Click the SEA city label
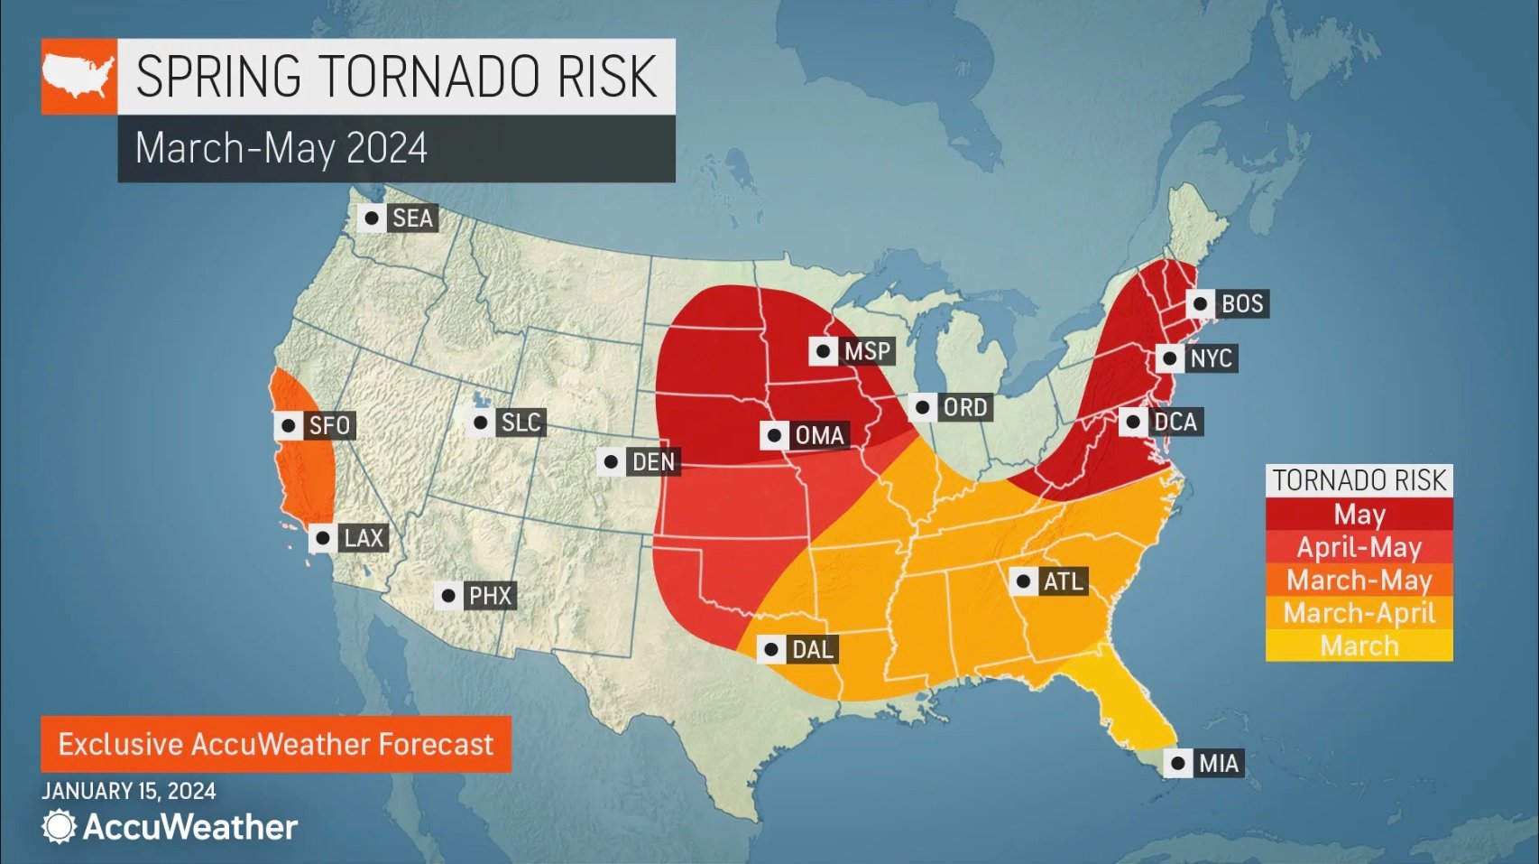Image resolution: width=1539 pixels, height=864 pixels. point(412,218)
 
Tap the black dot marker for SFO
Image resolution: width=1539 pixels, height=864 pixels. point(289,425)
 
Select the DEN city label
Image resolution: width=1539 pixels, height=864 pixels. point(653,462)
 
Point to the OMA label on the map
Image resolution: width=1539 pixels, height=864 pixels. point(819,435)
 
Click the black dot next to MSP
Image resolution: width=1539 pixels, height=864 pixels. point(823,351)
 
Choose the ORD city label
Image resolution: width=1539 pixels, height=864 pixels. point(964,407)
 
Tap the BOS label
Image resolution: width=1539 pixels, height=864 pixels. point(1241,303)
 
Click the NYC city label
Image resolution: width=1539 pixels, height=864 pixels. point(1210,358)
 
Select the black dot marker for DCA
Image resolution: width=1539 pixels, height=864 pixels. point(1134,422)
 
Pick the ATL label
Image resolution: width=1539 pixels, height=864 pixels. point(1063,581)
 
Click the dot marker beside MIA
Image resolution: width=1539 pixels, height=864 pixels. point(1178,763)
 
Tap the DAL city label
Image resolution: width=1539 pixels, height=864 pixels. point(812,649)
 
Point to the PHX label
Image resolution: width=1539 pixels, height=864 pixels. point(490,596)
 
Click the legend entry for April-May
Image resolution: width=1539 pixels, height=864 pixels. point(1359,547)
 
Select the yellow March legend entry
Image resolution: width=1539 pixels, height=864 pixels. point(1359,646)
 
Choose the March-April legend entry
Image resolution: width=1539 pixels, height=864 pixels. point(1359,613)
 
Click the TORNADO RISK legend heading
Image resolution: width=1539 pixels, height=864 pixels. point(1359,480)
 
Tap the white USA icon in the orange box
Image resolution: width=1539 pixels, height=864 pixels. point(78,76)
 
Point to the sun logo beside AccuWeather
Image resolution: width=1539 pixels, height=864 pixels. point(59,826)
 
